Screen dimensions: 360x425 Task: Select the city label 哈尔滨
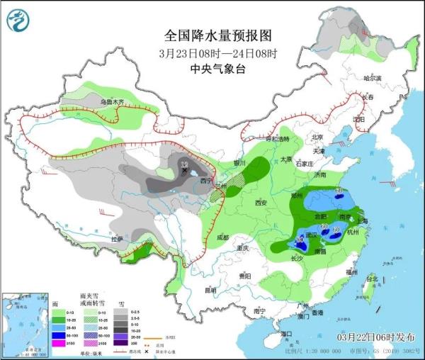(372, 78)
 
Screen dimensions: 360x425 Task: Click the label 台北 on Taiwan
(370, 279)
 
